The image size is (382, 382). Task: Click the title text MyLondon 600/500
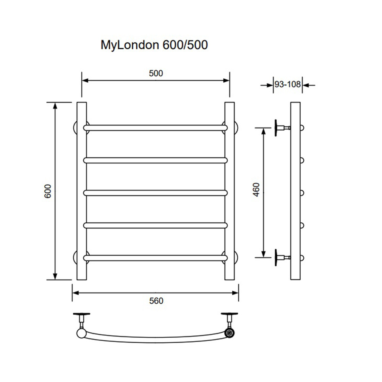(154, 45)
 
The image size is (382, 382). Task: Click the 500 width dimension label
(156, 73)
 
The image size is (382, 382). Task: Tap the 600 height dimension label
(48, 191)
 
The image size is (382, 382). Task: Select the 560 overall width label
(156, 301)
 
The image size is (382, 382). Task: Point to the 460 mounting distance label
(256, 190)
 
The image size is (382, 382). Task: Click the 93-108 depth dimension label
(288, 84)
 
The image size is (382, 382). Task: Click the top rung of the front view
(155, 128)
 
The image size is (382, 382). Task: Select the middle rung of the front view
(155, 193)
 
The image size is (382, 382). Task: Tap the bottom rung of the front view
(155, 258)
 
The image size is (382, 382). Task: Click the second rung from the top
(155, 160)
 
